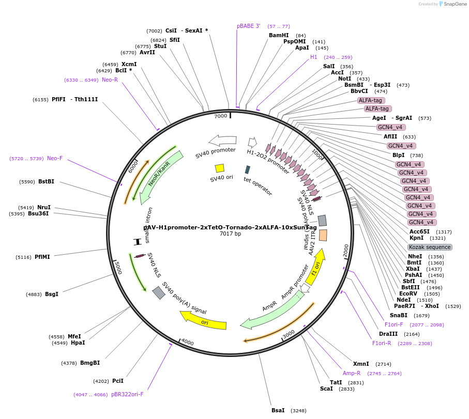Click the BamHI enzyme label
click(x=279, y=36)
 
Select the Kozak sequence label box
click(x=430, y=247)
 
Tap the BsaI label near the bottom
click(x=278, y=410)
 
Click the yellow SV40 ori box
click(x=220, y=168)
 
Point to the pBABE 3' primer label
click(x=249, y=26)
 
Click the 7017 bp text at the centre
click(x=230, y=234)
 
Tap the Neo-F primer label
click(x=55, y=158)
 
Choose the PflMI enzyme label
click(x=42, y=257)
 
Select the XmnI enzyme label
click(x=361, y=364)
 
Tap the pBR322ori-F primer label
click(x=127, y=394)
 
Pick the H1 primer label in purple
click(x=314, y=57)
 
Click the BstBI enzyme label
click(x=46, y=181)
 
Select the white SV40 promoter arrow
click(x=223, y=140)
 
